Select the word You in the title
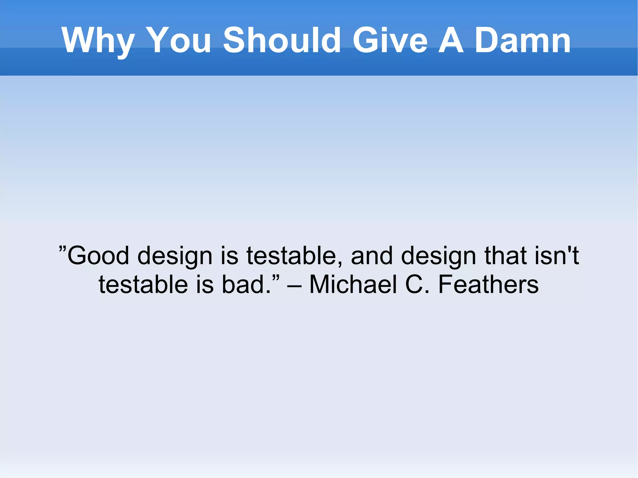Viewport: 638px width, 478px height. tap(179, 40)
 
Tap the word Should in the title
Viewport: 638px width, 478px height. tap(282, 40)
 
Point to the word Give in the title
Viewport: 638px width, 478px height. tap(390, 40)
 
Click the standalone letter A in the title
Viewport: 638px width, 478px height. tap(451, 40)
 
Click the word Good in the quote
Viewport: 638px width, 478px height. tap(98, 256)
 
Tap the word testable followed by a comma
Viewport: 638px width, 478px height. tap(294, 256)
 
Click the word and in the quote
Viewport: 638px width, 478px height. tap(372, 256)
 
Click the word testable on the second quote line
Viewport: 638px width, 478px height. tap(143, 285)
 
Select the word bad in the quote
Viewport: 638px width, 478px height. tap(246, 285)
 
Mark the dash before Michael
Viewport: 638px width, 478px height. tap(294, 285)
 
